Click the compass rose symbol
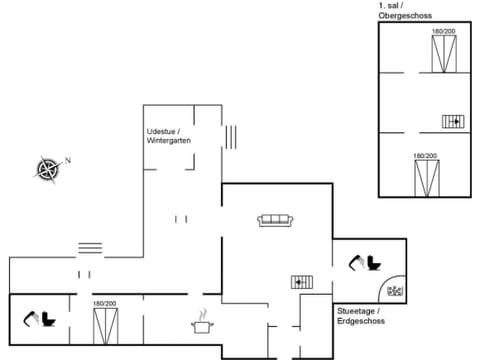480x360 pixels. pyautogui.click(x=47, y=169)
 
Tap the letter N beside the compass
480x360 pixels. pyautogui.click(x=68, y=160)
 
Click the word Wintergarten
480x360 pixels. pyautogui.click(x=169, y=141)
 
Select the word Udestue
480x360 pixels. pyautogui.click(x=162, y=131)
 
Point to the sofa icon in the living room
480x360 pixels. pyautogui.click(x=274, y=220)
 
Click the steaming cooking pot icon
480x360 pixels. pyautogui.click(x=203, y=323)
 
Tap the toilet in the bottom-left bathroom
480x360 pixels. pyautogui.click(x=42, y=321)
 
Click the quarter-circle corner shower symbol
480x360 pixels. pyautogui.click(x=394, y=291)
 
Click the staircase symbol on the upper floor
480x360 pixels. pyautogui.click(x=454, y=121)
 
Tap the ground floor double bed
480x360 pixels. pyautogui.click(x=105, y=327)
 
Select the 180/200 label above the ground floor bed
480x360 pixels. pyautogui.click(x=105, y=303)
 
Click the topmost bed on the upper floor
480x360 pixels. pyautogui.click(x=443, y=55)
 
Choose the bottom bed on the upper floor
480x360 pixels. pyautogui.click(x=426, y=178)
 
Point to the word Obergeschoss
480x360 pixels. pyautogui.click(x=404, y=16)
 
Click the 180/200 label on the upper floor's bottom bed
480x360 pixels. pyautogui.click(x=426, y=156)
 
